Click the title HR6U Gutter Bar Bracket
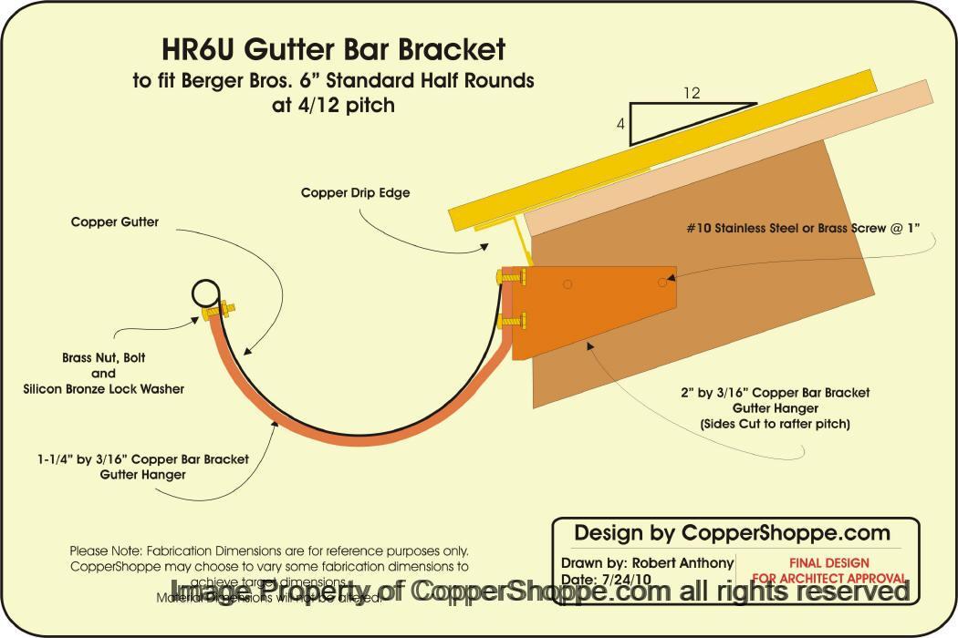pyautogui.click(x=333, y=48)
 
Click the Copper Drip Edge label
pyautogui.click(x=356, y=193)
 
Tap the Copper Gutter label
pyautogui.click(x=115, y=221)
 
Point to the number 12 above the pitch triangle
pyautogui.click(x=692, y=92)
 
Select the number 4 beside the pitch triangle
pyautogui.click(x=620, y=126)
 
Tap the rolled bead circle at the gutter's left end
pyautogui.click(x=205, y=293)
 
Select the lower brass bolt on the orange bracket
pyautogui.click(x=511, y=320)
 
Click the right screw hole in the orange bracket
pyautogui.click(x=663, y=283)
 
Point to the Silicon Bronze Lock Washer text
pyautogui.click(x=103, y=388)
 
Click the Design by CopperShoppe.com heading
pyautogui.click(x=732, y=532)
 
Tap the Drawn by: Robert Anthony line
pyautogui.click(x=647, y=563)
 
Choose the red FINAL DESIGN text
pyautogui.click(x=828, y=563)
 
